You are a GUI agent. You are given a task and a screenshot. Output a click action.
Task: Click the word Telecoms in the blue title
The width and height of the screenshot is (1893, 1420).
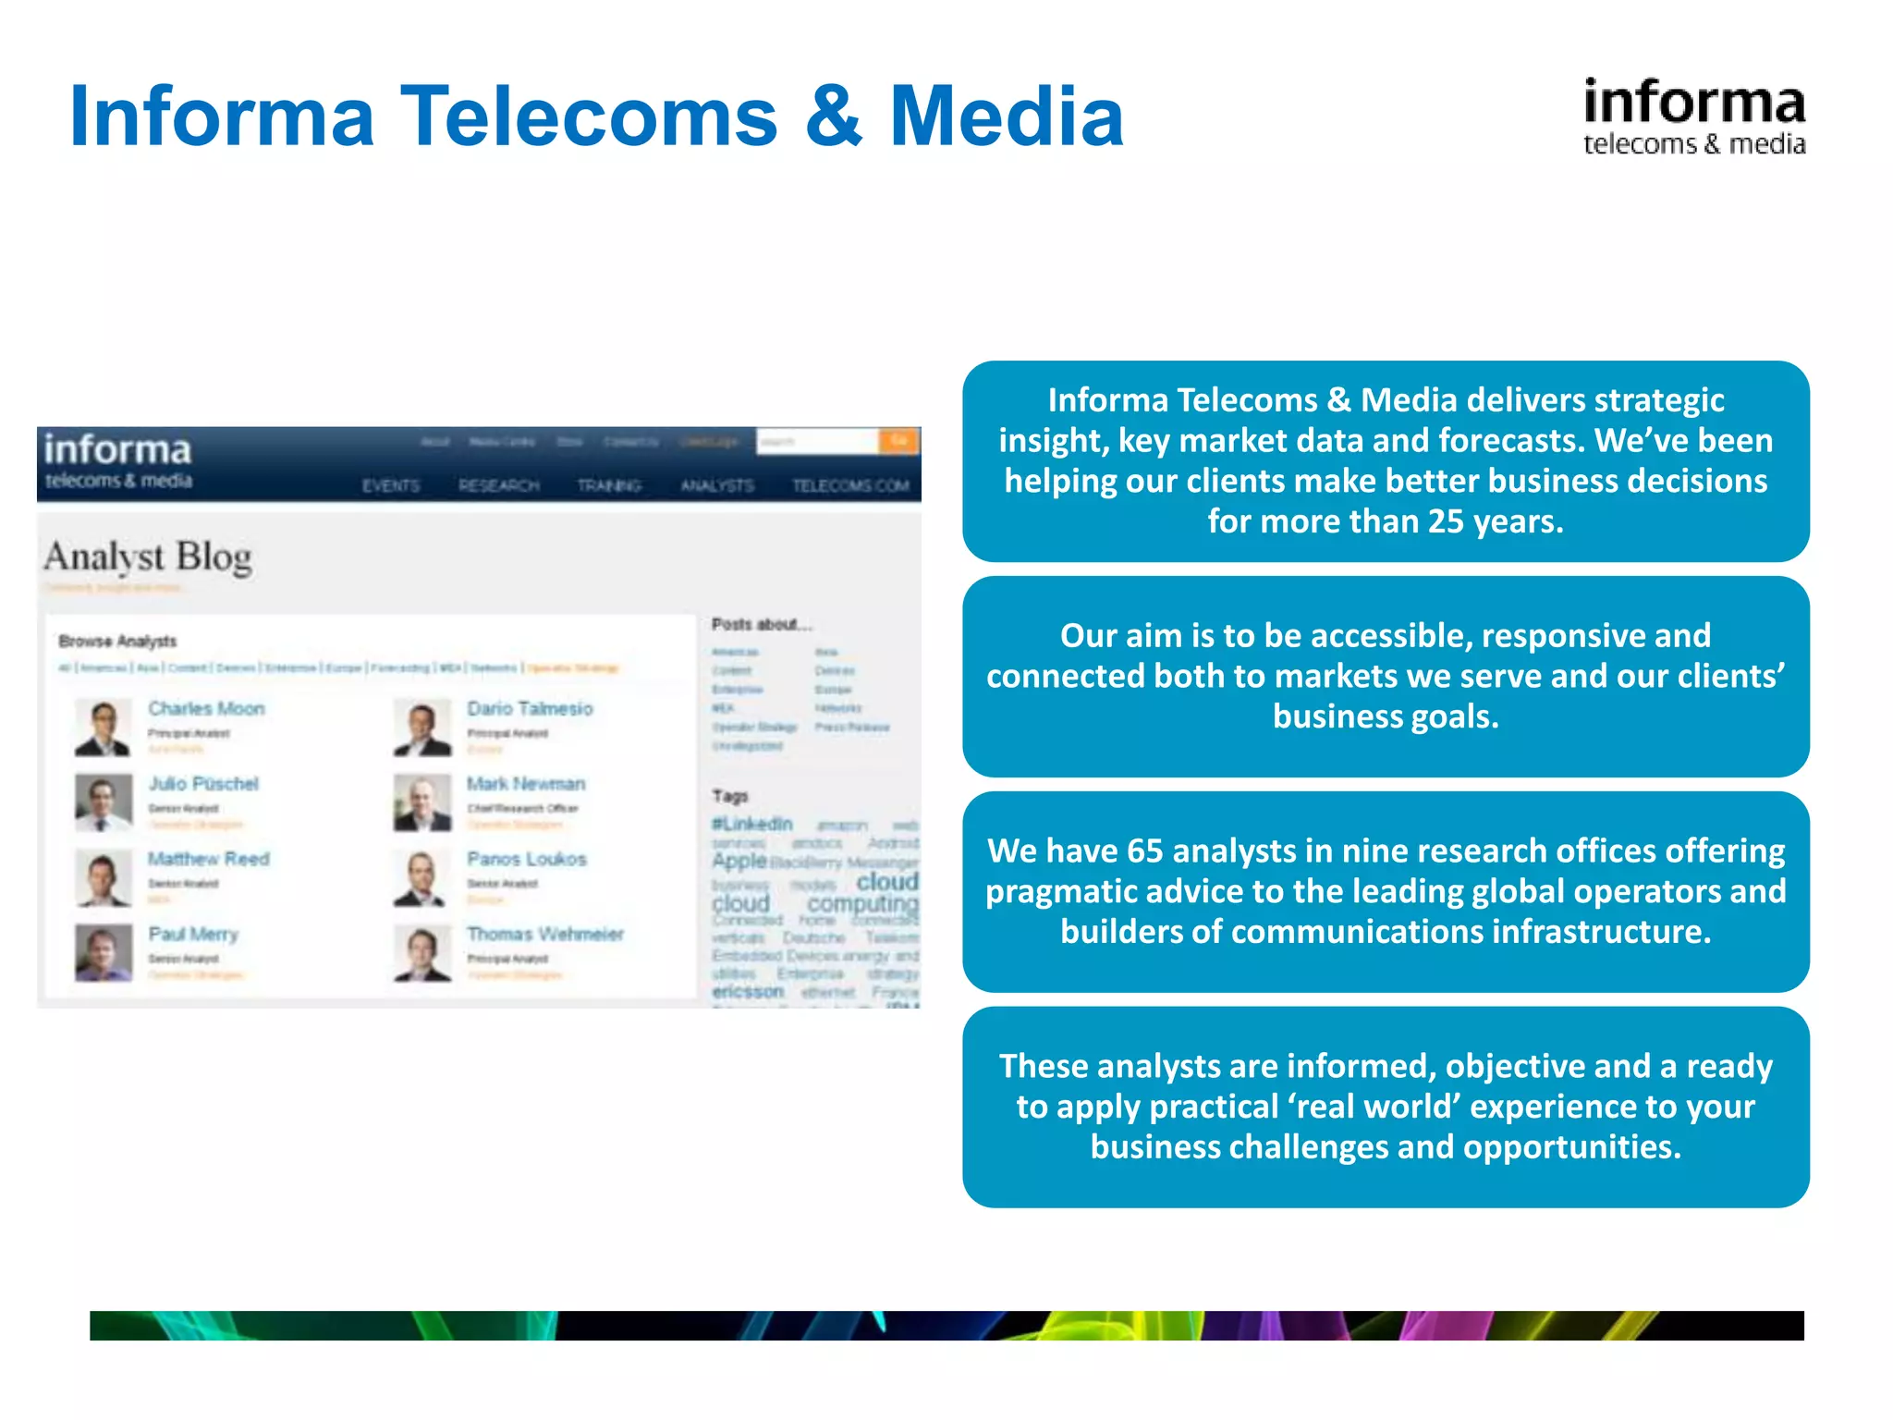(589, 116)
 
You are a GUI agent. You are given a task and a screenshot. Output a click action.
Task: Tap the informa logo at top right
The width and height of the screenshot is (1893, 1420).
(1693, 116)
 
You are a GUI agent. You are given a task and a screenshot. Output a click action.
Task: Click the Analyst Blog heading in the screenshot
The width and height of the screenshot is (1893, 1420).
(148, 557)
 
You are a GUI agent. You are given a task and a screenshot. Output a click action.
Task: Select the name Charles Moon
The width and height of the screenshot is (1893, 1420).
(206, 708)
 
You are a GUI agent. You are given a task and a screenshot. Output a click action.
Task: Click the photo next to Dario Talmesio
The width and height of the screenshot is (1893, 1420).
(422, 728)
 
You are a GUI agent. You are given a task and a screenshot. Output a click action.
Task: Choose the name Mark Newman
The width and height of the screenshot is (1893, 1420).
(526, 784)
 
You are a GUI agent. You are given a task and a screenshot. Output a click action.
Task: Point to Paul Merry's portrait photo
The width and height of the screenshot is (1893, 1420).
(104, 953)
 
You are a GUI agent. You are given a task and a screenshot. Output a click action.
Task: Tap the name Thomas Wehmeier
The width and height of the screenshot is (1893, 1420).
(545, 934)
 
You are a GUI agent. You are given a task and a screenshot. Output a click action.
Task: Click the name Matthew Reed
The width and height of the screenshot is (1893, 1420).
(209, 859)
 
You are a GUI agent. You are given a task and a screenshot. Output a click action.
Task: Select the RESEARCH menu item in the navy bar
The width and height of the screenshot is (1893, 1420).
(499, 485)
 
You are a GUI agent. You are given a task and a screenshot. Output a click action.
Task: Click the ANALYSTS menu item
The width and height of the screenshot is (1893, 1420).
(717, 485)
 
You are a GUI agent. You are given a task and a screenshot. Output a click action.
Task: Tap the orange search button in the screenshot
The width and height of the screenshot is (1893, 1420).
(898, 441)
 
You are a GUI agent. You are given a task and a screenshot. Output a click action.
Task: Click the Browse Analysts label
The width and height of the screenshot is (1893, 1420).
(117, 641)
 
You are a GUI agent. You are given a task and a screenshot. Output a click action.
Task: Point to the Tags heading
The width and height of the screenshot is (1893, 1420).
(729, 796)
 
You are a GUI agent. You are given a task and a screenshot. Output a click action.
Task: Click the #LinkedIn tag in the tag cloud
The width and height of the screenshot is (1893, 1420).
(752, 823)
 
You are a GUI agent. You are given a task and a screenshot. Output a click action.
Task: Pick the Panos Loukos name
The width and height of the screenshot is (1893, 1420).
(526, 859)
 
